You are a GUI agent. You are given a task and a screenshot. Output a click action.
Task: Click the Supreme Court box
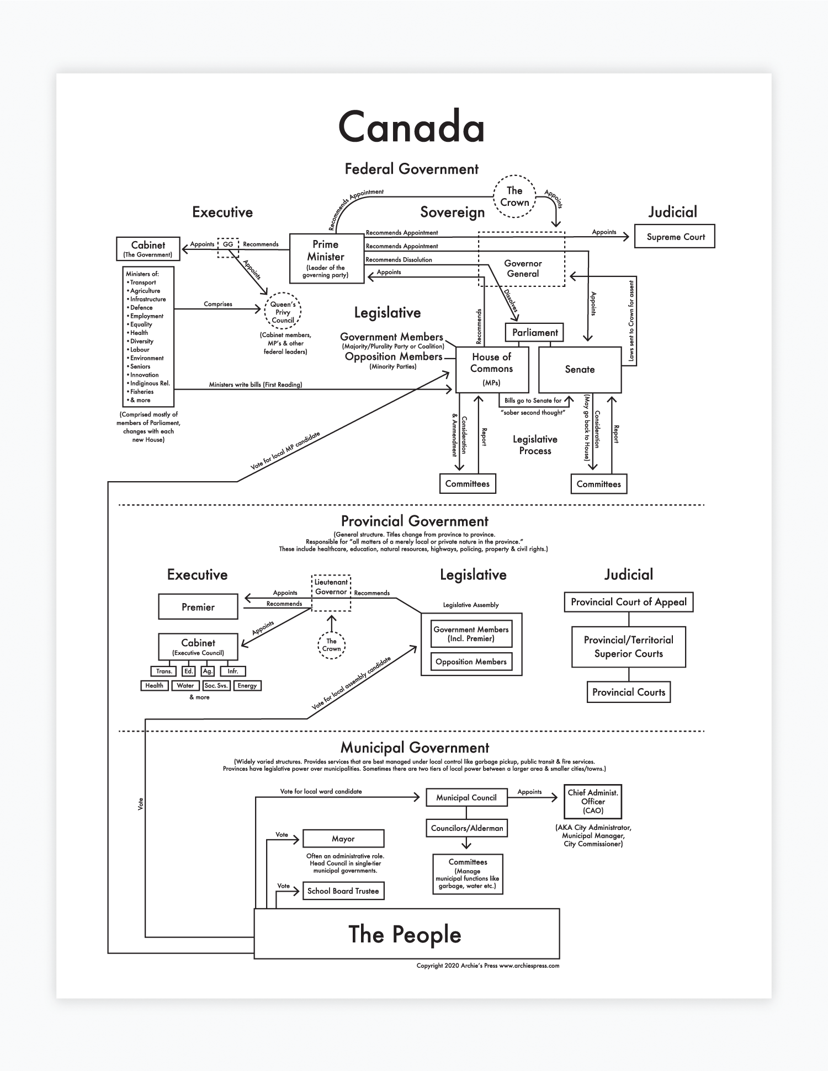tap(675, 237)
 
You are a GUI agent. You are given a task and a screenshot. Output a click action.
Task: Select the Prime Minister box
tap(326, 258)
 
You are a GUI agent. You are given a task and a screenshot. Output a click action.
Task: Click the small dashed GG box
tap(228, 247)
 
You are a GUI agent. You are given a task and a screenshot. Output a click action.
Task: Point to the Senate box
tap(580, 370)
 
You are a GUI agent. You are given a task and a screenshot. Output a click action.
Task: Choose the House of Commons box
tap(492, 369)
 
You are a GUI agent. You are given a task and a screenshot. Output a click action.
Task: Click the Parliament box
tap(534, 332)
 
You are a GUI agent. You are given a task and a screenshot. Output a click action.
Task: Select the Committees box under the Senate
tap(598, 484)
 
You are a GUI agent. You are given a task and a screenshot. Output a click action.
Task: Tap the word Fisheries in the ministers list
tap(142, 392)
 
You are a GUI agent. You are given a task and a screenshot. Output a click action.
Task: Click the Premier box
tap(198, 607)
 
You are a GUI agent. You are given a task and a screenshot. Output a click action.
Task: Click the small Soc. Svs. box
tap(216, 686)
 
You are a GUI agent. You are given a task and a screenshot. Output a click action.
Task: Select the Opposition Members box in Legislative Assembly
tap(471, 662)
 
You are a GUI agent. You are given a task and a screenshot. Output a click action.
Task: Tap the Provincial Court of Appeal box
tap(628, 602)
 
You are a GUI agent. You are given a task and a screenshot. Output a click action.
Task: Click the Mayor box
tap(343, 839)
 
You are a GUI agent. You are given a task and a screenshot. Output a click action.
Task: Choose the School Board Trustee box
tap(343, 891)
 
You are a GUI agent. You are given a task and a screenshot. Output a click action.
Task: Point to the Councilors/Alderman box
tap(467, 828)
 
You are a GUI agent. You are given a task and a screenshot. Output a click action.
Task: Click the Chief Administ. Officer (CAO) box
tap(593, 802)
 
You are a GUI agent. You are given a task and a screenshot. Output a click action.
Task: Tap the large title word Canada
tap(411, 127)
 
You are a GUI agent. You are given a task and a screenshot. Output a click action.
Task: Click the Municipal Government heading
tap(415, 748)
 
